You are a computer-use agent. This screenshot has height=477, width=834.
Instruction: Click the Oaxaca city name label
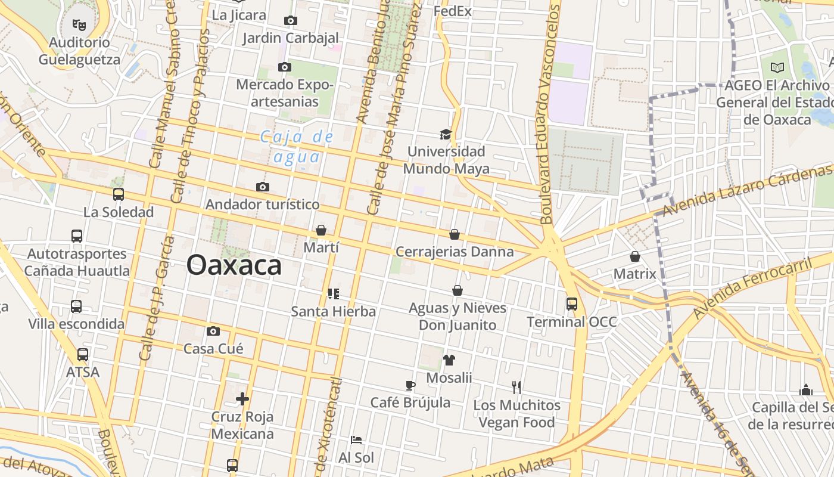[x=234, y=265]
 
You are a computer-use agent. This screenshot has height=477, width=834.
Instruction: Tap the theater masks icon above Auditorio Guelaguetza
[x=79, y=24]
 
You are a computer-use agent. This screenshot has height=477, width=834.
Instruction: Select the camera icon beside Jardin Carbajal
[x=291, y=21]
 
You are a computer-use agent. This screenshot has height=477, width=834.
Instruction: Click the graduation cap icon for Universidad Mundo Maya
[x=446, y=134]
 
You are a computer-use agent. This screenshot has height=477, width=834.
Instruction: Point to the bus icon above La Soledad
[x=119, y=194]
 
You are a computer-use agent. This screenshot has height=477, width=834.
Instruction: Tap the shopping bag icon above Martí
[x=321, y=230]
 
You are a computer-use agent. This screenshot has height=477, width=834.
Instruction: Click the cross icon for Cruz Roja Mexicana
[x=242, y=399]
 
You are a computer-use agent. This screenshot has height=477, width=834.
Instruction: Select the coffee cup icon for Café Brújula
[x=410, y=385]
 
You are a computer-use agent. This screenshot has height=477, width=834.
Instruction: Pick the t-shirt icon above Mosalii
[x=449, y=360]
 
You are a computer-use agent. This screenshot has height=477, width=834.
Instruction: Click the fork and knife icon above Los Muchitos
[x=516, y=388]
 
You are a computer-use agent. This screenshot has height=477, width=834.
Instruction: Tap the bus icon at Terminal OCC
[x=572, y=304]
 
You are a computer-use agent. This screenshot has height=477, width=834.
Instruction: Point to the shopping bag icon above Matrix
[x=635, y=256]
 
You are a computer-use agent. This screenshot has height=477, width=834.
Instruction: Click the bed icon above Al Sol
[x=356, y=440]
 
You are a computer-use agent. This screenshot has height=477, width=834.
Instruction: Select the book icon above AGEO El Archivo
[x=777, y=67]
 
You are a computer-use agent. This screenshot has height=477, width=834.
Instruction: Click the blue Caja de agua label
[x=297, y=147]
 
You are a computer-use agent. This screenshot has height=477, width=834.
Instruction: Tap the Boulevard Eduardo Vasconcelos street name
[x=551, y=113]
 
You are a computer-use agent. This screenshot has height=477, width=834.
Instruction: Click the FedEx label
[x=453, y=11]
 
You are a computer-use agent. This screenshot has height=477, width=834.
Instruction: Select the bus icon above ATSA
[x=83, y=355]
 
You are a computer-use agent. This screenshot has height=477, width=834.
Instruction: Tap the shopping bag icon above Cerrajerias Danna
[x=455, y=234]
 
